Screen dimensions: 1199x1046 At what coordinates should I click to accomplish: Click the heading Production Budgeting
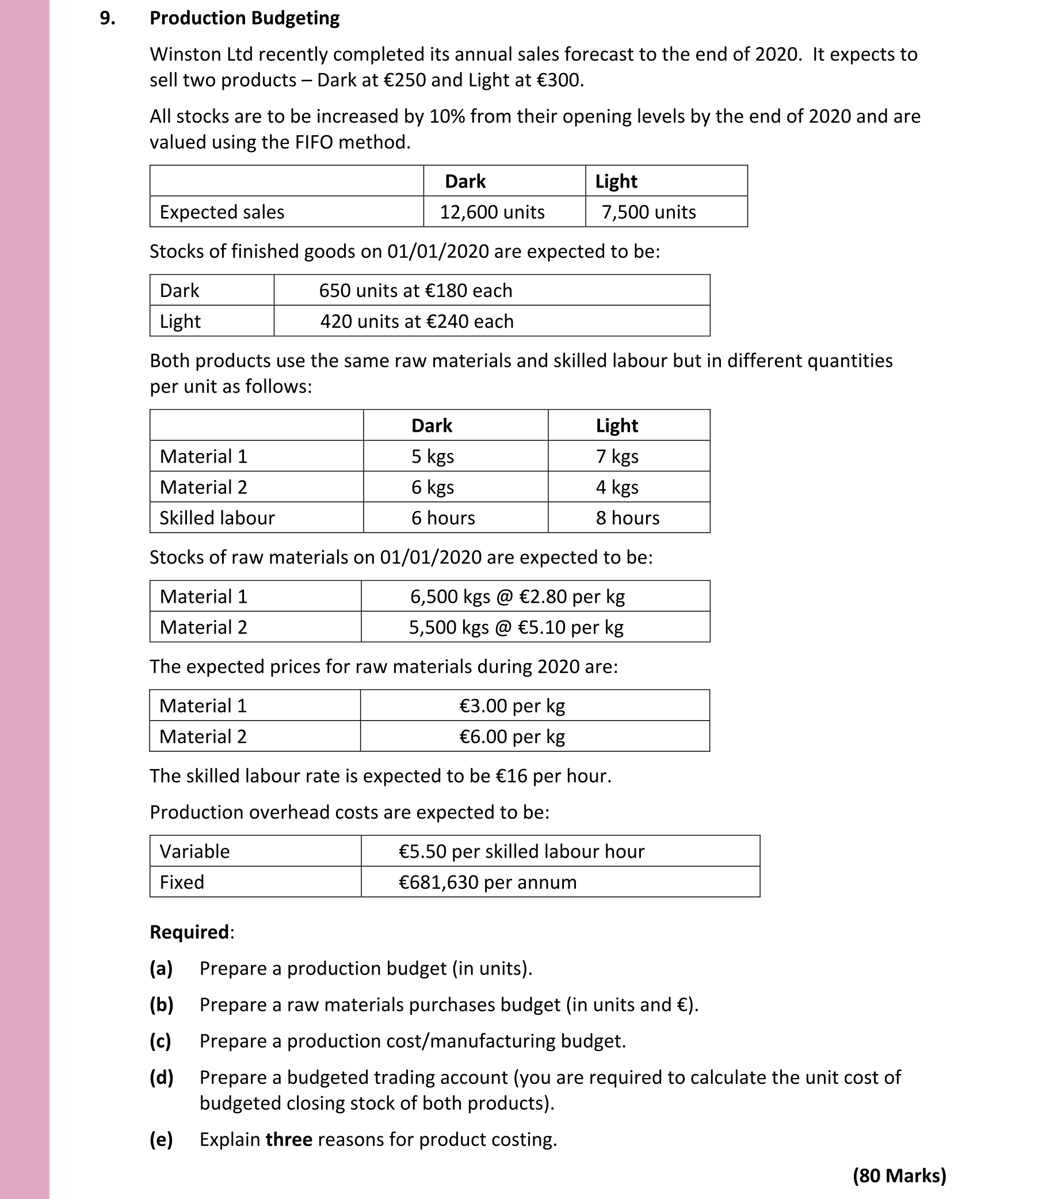point(245,18)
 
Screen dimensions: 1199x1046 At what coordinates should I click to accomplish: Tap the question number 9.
point(108,18)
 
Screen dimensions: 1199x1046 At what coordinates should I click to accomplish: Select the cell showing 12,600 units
point(492,211)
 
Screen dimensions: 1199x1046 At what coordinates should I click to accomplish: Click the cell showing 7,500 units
point(648,211)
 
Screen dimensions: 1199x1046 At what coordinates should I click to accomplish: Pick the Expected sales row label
point(222,211)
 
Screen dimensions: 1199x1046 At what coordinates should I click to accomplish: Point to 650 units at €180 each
point(415,290)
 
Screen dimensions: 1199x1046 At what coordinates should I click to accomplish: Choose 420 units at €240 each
point(417,321)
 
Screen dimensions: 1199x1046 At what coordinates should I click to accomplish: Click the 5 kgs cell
point(433,456)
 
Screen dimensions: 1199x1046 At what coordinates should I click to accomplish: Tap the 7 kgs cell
point(617,456)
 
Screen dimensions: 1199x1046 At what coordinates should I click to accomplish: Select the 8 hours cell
point(628,517)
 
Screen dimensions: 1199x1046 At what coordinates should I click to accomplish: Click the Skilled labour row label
point(217,517)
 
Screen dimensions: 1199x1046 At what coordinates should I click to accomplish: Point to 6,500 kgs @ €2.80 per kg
point(517,596)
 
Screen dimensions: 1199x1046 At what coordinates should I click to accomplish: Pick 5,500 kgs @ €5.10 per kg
point(516,627)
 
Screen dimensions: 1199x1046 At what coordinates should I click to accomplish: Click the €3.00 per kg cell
point(512,706)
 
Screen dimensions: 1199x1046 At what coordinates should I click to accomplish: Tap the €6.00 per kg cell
point(512,736)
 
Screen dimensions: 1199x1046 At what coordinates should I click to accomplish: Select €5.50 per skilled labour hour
point(521,851)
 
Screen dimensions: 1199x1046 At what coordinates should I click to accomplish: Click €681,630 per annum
point(487,882)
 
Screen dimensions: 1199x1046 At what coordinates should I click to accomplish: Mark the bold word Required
point(190,932)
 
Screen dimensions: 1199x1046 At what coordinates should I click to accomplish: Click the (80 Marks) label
point(899,1175)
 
